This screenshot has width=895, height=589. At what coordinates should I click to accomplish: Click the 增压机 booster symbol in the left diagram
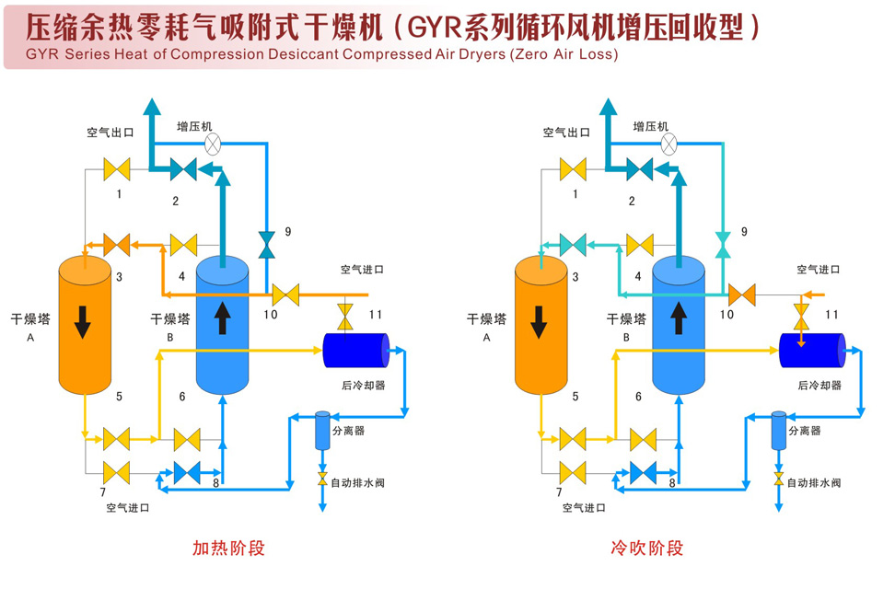click(x=213, y=144)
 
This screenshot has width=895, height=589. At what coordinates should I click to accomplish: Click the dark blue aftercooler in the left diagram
click(x=355, y=350)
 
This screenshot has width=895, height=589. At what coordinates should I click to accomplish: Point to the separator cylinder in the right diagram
click(x=778, y=431)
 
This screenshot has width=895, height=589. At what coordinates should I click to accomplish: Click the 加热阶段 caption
click(x=228, y=549)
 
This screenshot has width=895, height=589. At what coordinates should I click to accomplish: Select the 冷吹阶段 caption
click(x=647, y=549)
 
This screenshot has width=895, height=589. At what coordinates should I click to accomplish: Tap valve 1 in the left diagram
click(x=117, y=169)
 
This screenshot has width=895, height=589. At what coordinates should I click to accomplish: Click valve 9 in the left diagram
click(x=267, y=246)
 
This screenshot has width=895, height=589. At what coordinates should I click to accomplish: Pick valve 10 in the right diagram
click(x=741, y=295)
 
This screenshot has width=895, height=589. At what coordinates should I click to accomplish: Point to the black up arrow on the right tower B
click(x=679, y=318)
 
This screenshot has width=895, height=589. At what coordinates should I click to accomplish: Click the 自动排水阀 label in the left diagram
click(x=355, y=482)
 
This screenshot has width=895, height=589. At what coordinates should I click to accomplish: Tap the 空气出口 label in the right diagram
click(x=566, y=133)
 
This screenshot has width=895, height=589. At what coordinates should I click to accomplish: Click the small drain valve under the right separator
click(x=779, y=479)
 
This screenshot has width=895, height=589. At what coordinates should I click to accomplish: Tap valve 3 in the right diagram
click(x=573, y=245)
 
